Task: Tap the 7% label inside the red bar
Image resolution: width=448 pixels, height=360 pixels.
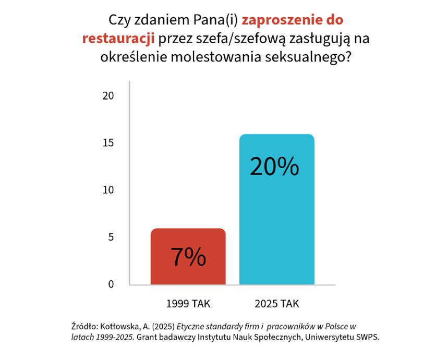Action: (188, 257)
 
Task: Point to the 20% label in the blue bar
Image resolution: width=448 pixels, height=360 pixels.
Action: (274, 166)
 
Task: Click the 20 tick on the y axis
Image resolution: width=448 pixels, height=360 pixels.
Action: (108, 96)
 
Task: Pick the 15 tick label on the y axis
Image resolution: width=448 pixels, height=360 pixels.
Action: (108, 143)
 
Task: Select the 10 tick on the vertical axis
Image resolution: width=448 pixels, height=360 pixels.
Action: (108, 190)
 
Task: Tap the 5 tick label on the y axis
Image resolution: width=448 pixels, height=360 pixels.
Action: (111, 237)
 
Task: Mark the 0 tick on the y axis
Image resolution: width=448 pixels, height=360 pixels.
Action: (111, 284)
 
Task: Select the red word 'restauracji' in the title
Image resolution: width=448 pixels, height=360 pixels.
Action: (119, 39)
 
